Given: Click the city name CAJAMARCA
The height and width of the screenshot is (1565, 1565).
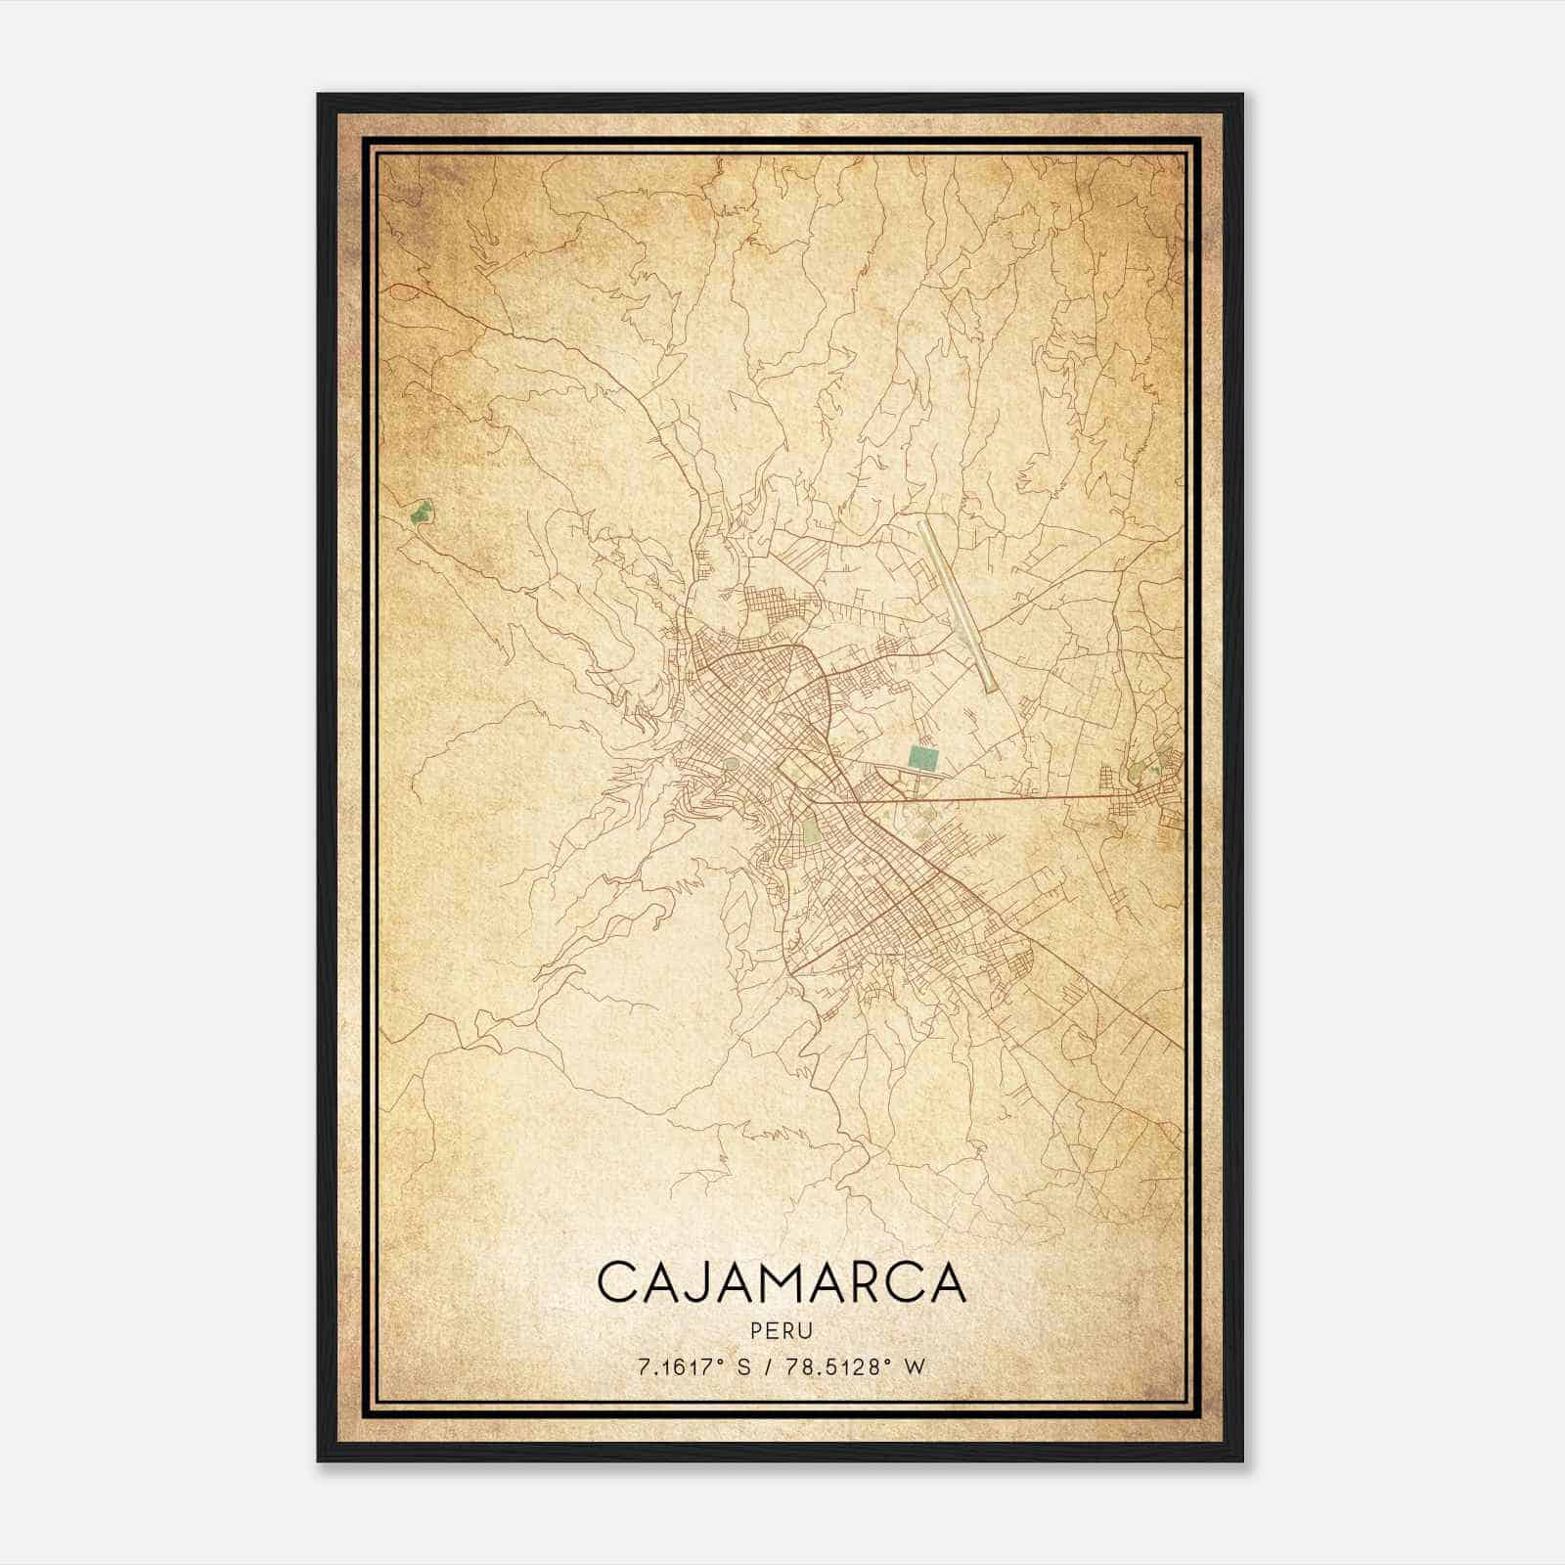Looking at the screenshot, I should point(781,1282).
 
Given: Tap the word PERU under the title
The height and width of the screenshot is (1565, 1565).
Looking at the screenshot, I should point(781,1330).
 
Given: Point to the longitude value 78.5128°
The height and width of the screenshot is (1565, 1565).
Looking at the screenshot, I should point(842,1366).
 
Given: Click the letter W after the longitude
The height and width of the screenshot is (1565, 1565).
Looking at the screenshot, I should point(915,1366).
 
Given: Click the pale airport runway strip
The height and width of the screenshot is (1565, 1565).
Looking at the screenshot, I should point(957,605).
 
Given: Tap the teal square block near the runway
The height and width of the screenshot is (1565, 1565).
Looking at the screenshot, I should point(920,756).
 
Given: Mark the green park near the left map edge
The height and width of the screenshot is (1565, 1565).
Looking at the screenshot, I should point(421,511).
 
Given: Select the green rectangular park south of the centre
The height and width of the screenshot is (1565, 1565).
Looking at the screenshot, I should point(811,832).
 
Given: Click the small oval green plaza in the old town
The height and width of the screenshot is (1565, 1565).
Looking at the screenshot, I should point(732,764).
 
